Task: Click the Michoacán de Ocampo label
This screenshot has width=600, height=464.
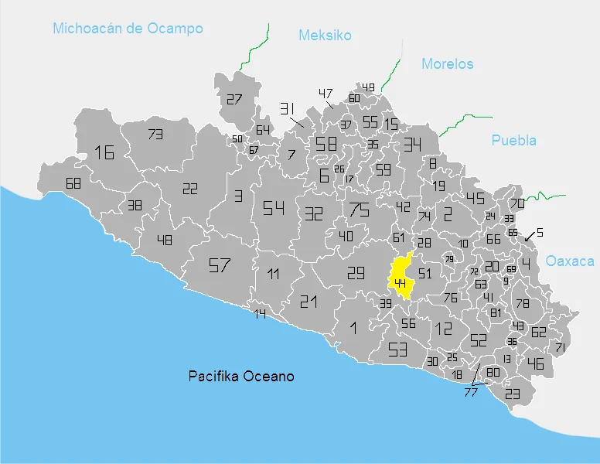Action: [x=128, y=29]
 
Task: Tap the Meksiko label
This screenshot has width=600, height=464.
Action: [x=325, y=36]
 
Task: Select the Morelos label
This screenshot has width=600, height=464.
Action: [x=447, y=64]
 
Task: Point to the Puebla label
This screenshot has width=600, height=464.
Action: [x=513, y=141]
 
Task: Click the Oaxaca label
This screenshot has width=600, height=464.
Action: [x=570, y=261]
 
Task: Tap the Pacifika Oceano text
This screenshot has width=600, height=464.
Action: [x=241, y=377]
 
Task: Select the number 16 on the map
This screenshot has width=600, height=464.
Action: [x=104, y=152]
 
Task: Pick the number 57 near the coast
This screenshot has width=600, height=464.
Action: [x=220, y=266]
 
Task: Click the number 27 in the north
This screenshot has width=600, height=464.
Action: [x=234, y=99]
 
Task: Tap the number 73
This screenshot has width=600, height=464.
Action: [x=155, y=135]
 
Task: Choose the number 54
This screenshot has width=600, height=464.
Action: [x=274, y=208]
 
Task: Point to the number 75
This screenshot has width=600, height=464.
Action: [x=359, y=210]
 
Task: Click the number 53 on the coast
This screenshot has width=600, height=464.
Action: [x=397, y=350]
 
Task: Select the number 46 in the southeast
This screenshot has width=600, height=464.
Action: [x=535, y=363]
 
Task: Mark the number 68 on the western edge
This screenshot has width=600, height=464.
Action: [x=73, y=184]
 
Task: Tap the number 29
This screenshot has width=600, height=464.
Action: [x=355, y=272]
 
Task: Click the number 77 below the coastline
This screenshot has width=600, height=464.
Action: [x=470, y=392]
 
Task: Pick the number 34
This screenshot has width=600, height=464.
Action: [x=412, y=145]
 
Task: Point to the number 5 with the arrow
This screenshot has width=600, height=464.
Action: [x=540, y=233]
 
